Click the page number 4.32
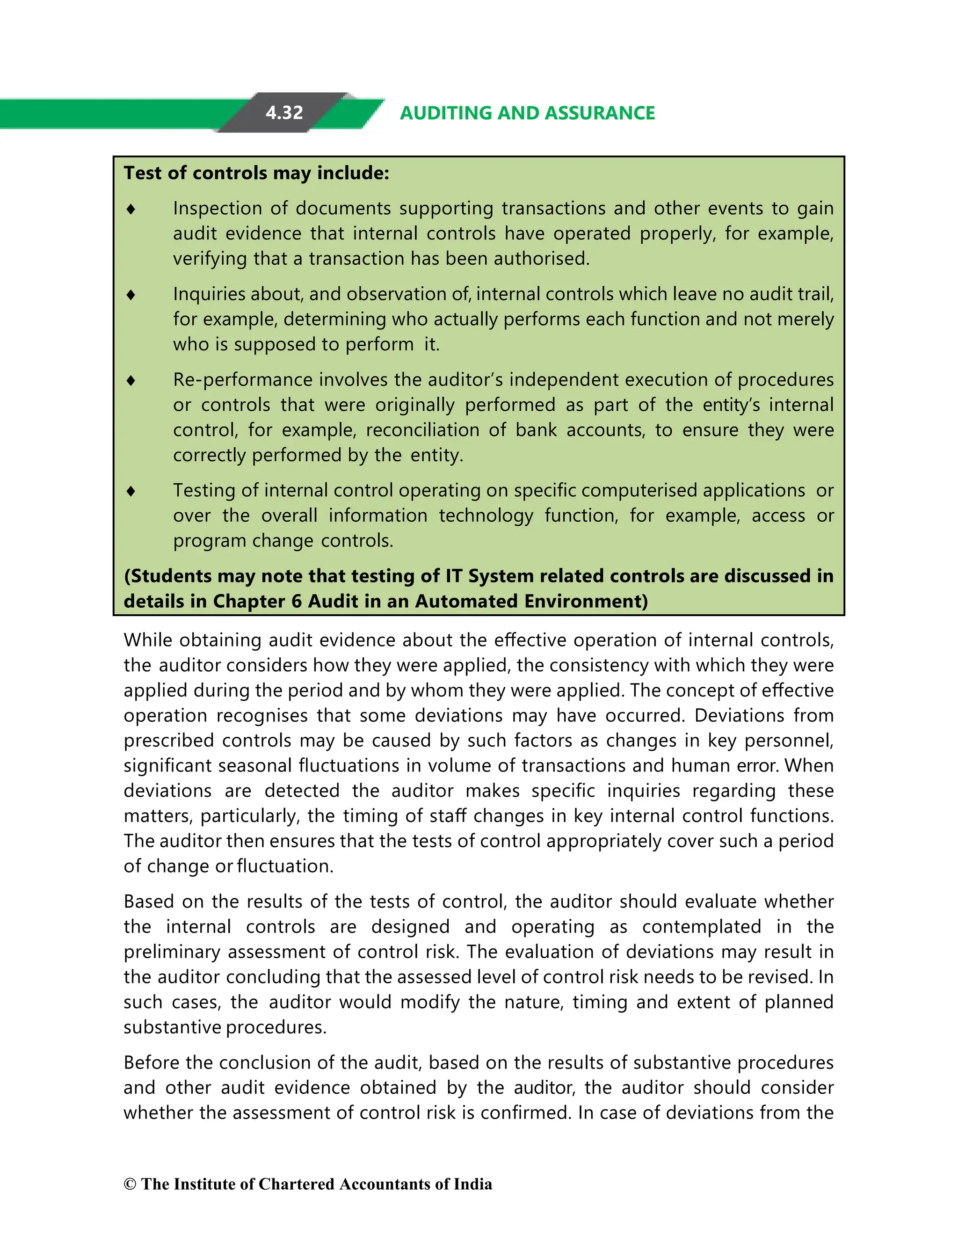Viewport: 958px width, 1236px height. pyautogui.click(x=284, y=113)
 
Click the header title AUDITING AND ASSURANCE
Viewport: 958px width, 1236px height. pyautogui.click(x=527, y=113)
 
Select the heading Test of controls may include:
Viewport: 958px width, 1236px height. pyautogui.click(x=256, y=173)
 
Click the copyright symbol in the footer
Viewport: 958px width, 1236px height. pyautogui.click(x=130, y=1185)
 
